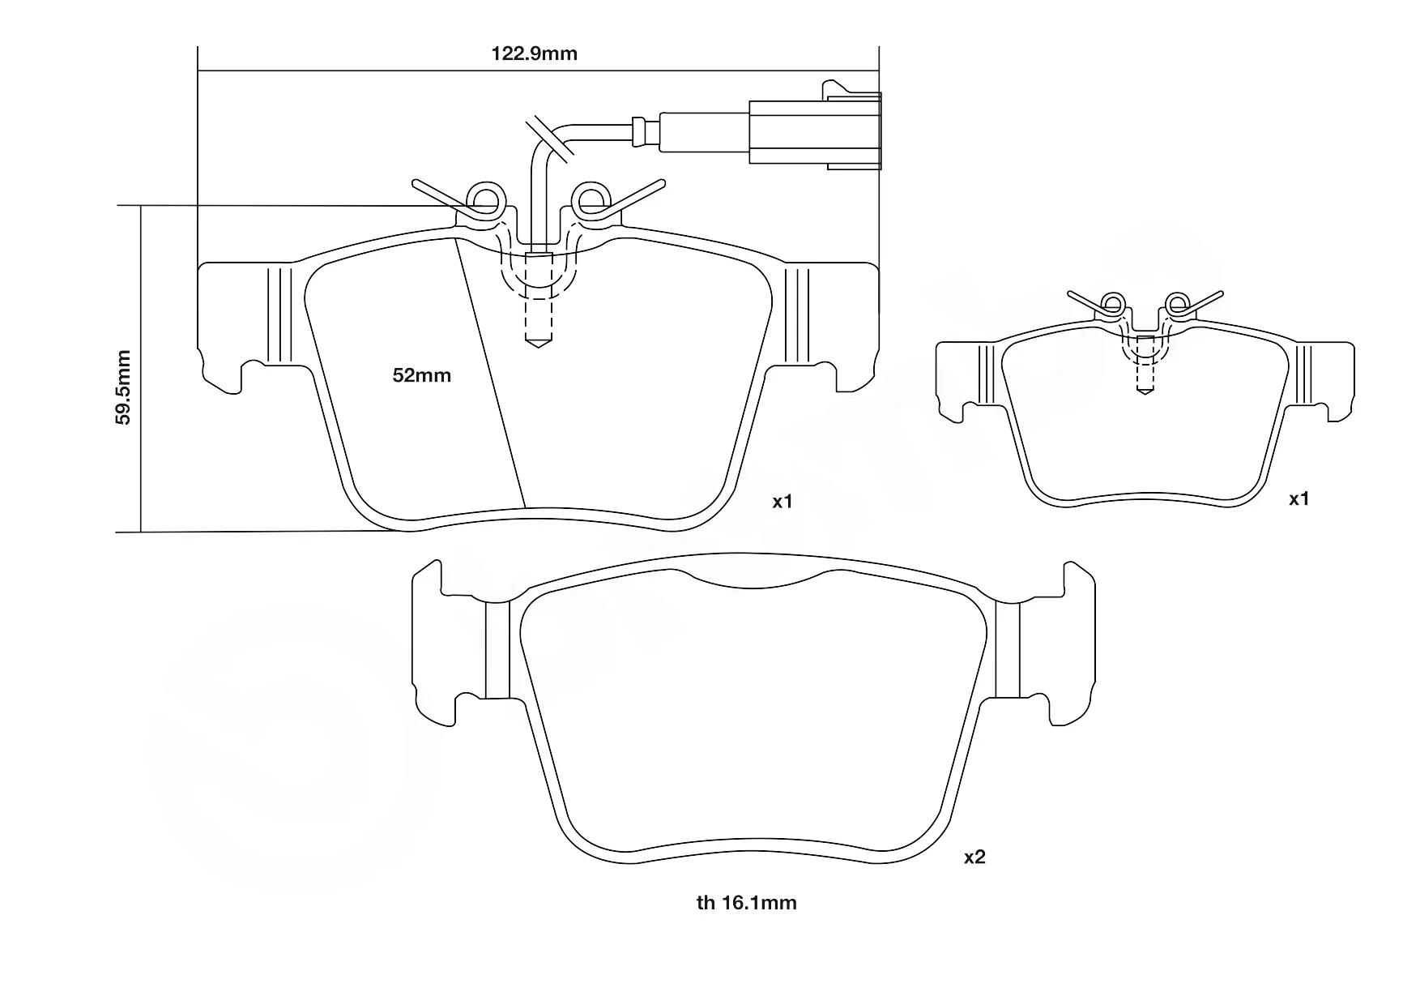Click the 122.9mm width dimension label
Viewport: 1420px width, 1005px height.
click(535, 53)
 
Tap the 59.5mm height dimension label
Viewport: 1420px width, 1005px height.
click(123, 387)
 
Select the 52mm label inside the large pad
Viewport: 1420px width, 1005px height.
click(421, 375)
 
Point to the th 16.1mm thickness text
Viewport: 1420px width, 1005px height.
click(746, 902)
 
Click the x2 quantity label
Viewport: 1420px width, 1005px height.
click(974, 857)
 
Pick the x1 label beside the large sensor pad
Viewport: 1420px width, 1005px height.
click(782, 502)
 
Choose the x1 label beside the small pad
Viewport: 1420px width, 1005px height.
click(1298, 499)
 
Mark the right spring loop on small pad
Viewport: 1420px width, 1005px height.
click(1175, 305)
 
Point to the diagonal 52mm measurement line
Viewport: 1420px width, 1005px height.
click(491, 373)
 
